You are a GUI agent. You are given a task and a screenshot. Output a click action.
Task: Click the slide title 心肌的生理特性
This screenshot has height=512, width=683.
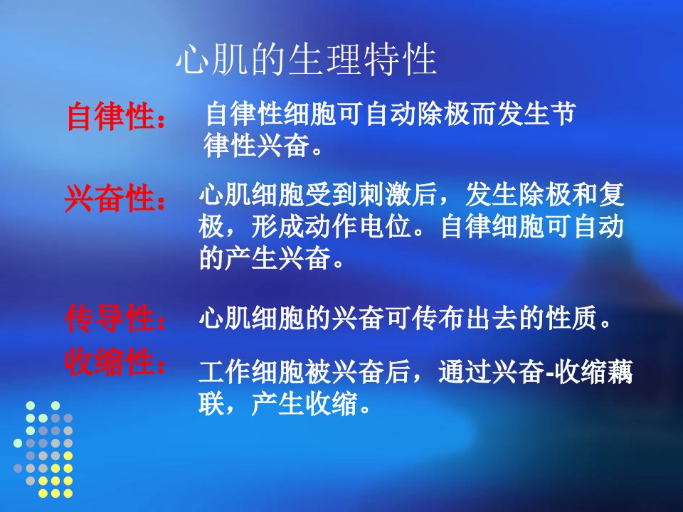[307, 59]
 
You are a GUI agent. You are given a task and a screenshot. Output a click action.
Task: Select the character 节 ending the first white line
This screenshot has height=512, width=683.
[563, 114]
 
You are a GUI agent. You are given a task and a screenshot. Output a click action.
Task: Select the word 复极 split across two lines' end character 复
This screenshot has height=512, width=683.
[611, 194]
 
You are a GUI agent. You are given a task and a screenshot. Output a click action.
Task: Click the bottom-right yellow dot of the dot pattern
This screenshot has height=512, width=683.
[68, 494]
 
